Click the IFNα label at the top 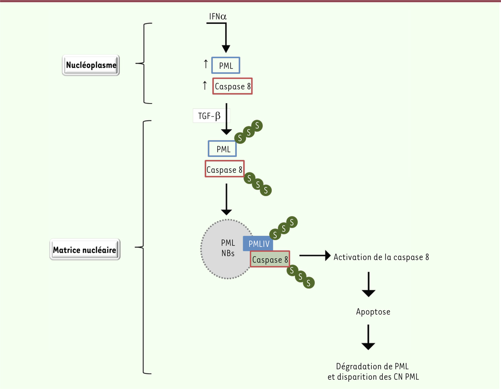[x=218, y=17]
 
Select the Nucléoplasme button [x=91, y=66]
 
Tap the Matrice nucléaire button [x=85, y=250]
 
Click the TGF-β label [x=211, y=116]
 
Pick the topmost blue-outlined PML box [x=225, y=66]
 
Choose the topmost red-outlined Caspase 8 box [x=233, y=86]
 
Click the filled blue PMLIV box [x=258, y=244]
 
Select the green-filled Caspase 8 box [x=270, y=260]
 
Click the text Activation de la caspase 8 [x=381, y=257]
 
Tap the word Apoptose [x=373, y=311]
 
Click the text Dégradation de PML [x=372, y=366]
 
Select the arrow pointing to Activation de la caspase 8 [x=315, y=256]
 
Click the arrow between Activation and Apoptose [x=368, y=285]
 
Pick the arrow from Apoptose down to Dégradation [x=368, y=337]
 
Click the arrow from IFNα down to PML [x=225, y=38]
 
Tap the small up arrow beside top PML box [x=205, y=64]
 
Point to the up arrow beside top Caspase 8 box [x=205, y=86]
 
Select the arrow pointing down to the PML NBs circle [x=226, y=199]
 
